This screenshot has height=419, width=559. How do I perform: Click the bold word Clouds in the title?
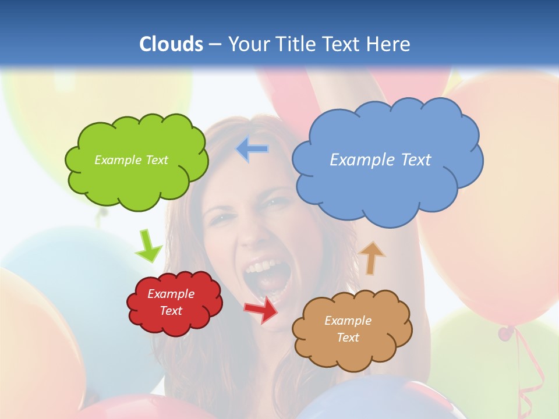[x=171, y=44]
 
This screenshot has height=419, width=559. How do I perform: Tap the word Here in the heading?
[x=391, y=44]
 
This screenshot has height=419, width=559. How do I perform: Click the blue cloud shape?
[x=387, y=186]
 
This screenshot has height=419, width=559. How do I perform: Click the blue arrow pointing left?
[x=252, y=149]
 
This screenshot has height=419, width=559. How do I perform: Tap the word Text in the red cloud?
[x=171, y=311]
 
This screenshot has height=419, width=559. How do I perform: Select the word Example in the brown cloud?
[x=348, y=321]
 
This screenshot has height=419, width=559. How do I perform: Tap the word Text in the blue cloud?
[x=414, y=159]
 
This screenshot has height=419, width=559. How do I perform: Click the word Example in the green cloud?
[x=116, y=160]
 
